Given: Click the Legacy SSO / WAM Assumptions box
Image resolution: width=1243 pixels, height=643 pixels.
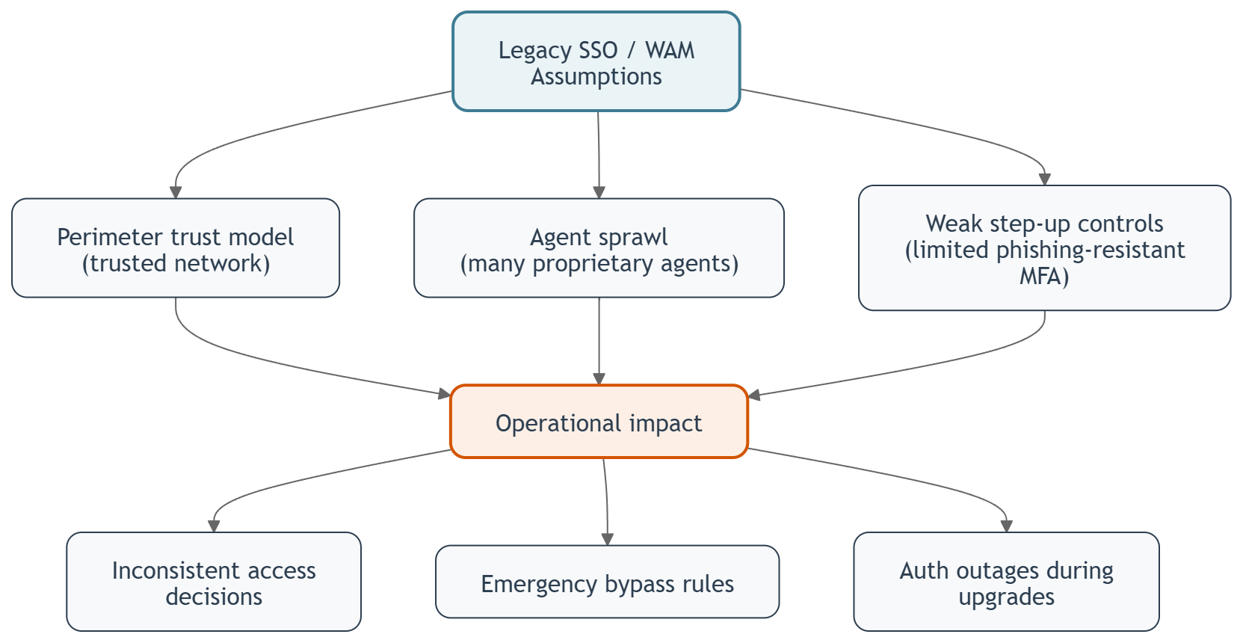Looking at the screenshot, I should click(596, 62).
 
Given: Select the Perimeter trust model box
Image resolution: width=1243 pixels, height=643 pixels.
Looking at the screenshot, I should click(176, 248).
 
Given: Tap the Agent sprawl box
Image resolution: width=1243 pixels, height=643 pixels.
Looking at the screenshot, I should click(599, 248).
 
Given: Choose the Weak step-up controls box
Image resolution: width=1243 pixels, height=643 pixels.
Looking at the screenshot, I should click(1044, 248).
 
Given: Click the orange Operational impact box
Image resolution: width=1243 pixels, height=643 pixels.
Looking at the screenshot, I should click(599, 422).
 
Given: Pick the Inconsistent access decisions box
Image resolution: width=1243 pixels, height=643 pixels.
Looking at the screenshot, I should click(214, 582).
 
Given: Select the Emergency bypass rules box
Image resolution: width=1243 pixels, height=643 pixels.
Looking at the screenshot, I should click(607, 582).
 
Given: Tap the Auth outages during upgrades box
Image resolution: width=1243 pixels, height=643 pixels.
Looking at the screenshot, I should click(1006, 582).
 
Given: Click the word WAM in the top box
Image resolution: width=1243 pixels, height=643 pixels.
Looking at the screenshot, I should click(670, 50).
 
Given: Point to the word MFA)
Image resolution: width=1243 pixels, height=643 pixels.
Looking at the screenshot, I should click(1044, 277).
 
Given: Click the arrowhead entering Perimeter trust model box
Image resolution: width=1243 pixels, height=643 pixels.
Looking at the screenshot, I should click(176, 192).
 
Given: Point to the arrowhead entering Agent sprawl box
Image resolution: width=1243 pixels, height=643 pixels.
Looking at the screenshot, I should click(599, 192).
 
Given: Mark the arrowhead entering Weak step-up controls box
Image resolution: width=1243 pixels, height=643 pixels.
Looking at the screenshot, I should click(1045, 179).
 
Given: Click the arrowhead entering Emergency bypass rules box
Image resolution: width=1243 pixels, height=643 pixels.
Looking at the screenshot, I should click(607, 539).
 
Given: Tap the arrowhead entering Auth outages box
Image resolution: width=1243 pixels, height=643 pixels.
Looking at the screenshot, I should click(1006, 526).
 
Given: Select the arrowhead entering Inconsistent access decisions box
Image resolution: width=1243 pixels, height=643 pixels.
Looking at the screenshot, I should click(214, 526).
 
